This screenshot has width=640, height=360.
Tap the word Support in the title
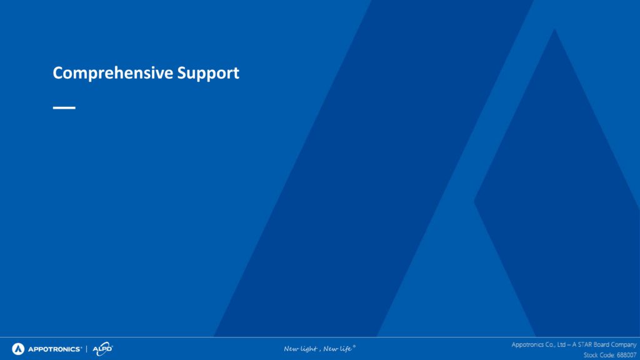tap(208, 74)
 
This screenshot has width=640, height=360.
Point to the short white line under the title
tap(64, 107)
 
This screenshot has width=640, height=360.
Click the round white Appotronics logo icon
tap(18, 349)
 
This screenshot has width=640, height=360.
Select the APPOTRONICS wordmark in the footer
tap(54, 349)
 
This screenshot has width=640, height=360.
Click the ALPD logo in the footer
tap(102, 349)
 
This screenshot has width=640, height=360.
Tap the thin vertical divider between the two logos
tap(86, 349)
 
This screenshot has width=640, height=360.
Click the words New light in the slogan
tap(301, 349)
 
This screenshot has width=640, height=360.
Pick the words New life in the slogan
tap(337, 349)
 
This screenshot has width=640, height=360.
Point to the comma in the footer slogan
tap(319, 351)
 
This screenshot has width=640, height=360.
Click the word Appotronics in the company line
tap(527, 345)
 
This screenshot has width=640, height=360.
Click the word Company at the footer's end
tap(624, 345)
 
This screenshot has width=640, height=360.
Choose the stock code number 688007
tap(626, 355)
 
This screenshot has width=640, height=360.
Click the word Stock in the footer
tap(591, 355)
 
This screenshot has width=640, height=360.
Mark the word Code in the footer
tap(607, 355)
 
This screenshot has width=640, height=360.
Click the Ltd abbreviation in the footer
tap(561, 345)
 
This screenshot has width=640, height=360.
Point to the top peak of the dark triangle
tap(554, 29)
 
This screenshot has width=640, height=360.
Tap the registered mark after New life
tap(354, 346)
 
